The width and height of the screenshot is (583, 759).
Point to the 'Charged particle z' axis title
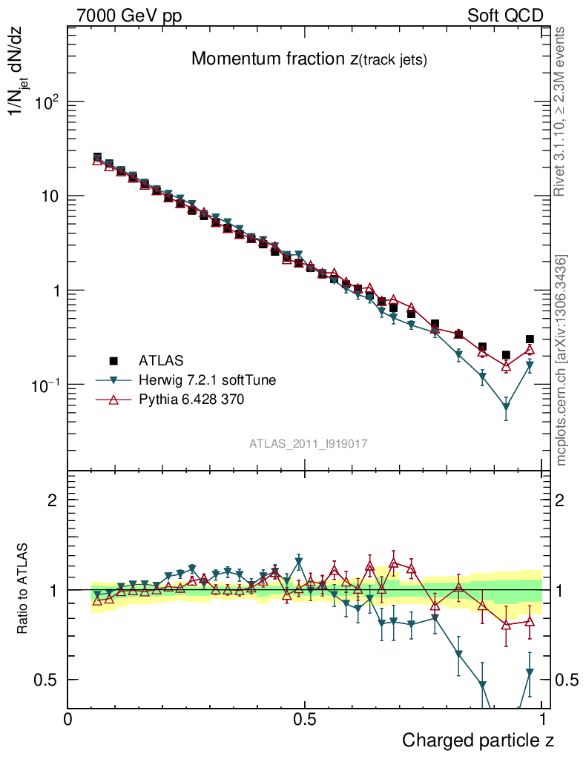pos(478,740)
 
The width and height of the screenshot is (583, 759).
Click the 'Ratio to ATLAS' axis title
pos(23,589)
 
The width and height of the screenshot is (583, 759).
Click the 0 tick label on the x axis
pos(68,720)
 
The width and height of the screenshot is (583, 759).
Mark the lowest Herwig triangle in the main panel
pos(506,407)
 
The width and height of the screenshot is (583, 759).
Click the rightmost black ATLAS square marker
pos(530,339)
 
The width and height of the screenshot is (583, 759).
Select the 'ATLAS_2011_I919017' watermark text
pos(309,443)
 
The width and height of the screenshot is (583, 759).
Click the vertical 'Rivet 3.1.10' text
pos(561,112)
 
